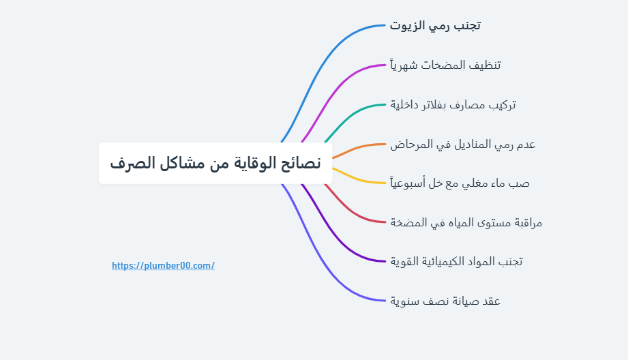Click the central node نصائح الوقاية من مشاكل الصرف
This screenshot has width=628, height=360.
pyautogui.click(x=215, y=164)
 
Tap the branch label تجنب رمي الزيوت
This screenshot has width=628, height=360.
pyautogui.click(x=435, y=26)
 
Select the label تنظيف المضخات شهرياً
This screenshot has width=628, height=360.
pyautogui.click(x=445, y=65)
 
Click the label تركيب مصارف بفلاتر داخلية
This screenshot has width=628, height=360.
pyautogui.click(x=453, y=105)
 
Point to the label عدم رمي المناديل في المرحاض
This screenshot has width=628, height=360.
pyautogui.click(x=462, y=145)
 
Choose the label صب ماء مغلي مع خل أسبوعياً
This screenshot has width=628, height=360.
pyautogui.click(x=460, y=183)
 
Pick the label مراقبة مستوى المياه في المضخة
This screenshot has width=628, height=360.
pyautogui.click(x=466, y=222)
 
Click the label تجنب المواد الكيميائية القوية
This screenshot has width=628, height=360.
pyautogui.click(x=456, y=261)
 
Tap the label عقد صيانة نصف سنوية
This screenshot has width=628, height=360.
pyautogui.click(x=445, y=301)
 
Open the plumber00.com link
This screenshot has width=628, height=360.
pyautogui.click(x=163, y=266)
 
